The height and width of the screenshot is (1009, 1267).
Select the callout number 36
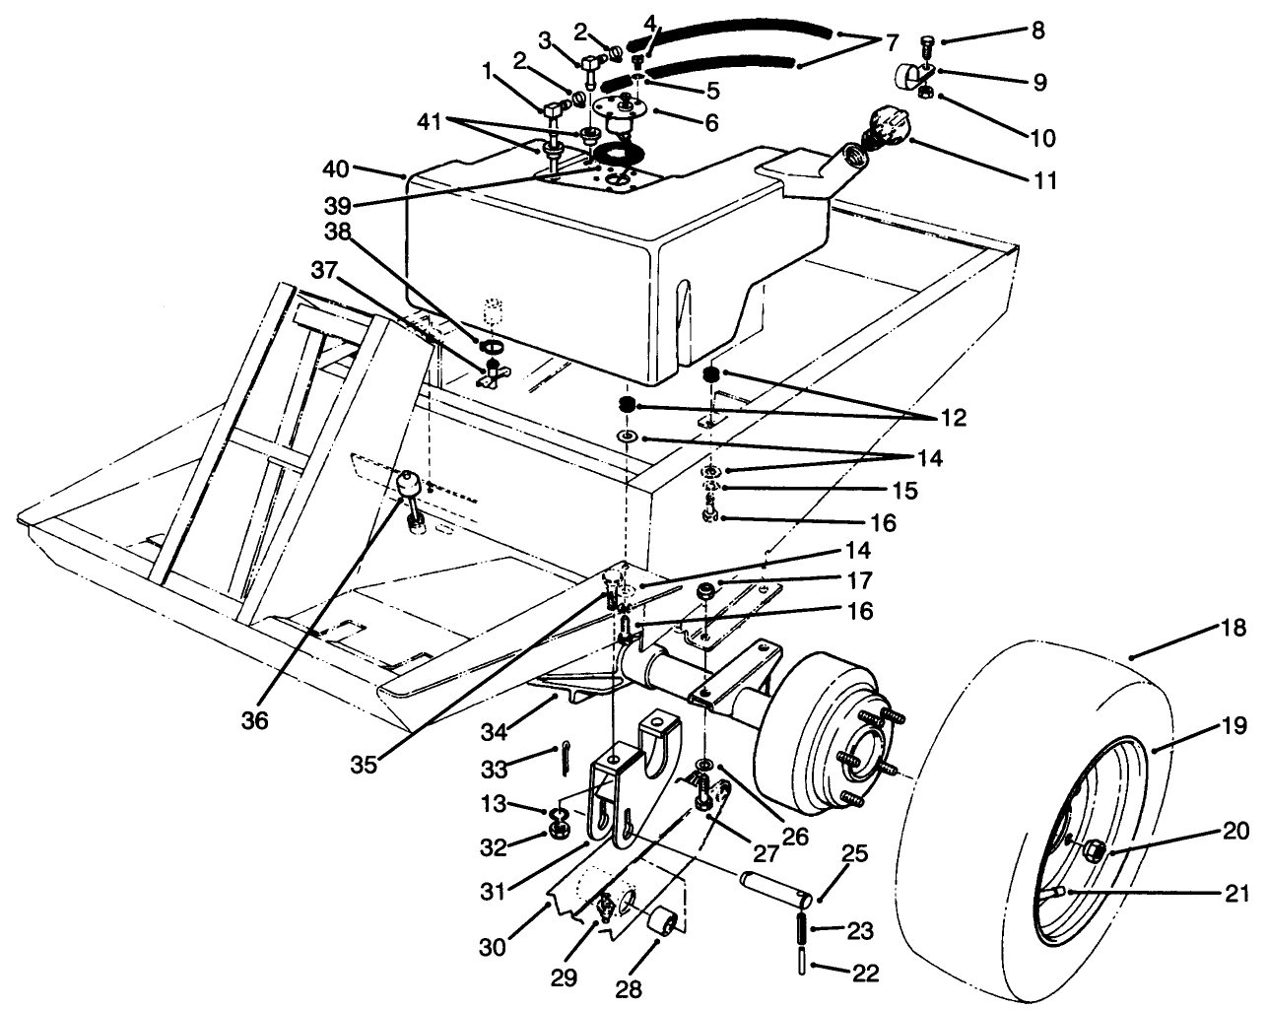(x=254, y=720)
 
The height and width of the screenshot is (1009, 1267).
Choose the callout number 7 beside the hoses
(x=892, y=43)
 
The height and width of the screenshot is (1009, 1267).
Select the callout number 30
(x=493, y=947)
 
